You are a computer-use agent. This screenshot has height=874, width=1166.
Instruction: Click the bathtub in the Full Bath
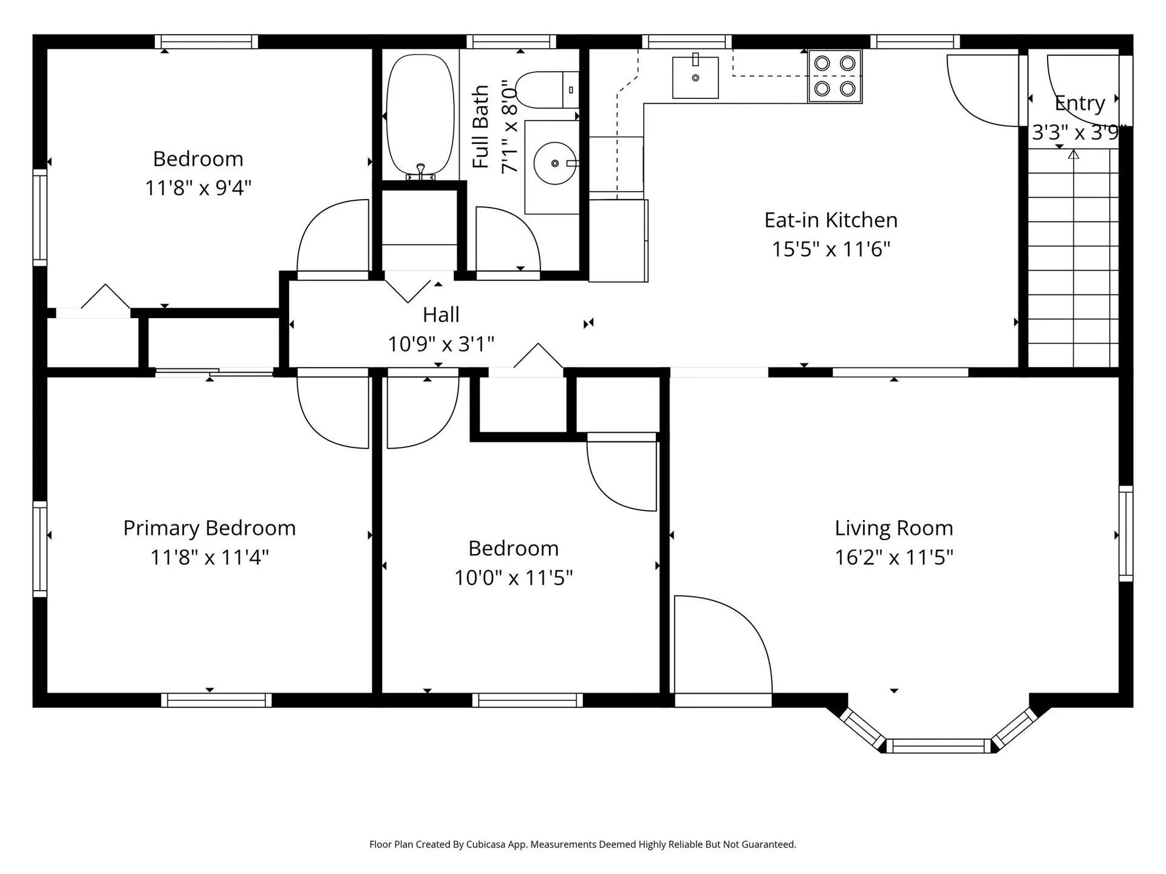click(x=420, y=115)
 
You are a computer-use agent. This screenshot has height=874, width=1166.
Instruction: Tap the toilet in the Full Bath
click(x=547, y=90)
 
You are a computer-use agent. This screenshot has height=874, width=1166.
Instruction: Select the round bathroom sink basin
click(x=554, y=163)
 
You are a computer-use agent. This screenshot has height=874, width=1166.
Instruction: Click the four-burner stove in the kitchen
click(x=835, y=76)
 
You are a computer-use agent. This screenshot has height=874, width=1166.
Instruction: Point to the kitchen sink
click(x=695, y=77)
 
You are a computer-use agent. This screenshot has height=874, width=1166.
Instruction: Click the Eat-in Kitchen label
click(x=831, y=220)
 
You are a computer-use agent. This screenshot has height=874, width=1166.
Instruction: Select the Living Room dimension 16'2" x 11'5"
click(x=894, y=557)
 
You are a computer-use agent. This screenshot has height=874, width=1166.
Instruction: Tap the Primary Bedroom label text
click(x=210, y=528)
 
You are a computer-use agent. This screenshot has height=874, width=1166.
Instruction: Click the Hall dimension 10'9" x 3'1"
click(x=441, y=344)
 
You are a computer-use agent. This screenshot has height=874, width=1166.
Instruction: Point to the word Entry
click(x=1079, y=104)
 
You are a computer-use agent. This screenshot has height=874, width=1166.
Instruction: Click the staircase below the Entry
click(x=1073, y=258)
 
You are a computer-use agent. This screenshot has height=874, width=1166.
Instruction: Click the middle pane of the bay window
click(x=939, y=746)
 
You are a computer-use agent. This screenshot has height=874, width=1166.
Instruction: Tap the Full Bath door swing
click(x=508, y=239)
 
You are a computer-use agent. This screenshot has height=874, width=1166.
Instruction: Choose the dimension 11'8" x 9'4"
click(x=198, y=188)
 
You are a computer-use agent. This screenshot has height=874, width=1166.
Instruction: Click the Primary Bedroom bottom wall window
click(x=216, y=700)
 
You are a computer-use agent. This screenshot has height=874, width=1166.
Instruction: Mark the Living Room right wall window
click(x=1126, y=534)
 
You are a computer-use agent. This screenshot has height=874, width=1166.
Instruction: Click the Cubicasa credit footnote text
click(x=583, y=844)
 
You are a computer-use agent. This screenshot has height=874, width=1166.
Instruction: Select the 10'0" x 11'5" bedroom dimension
click(x=514, y=578)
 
